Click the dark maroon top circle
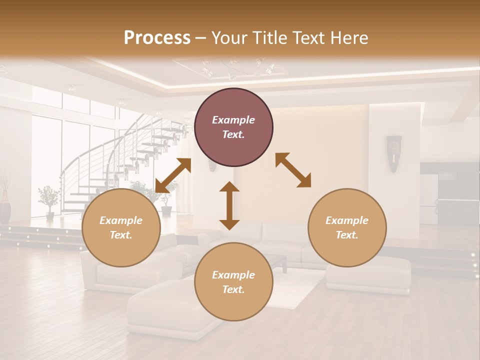pos(233,127)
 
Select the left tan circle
pos(121,227)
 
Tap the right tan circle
pos(347,227)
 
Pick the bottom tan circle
pos(233,282)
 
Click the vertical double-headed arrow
pos(229,205)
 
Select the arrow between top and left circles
pos(173,175)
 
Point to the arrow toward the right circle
pos(293,170)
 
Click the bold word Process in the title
pos(157,37)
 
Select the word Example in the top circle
pos(233,120)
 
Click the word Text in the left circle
pos(120,235)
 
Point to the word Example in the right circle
pos(347,220)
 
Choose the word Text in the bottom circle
pos(232,289)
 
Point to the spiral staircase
pos(125,160)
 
